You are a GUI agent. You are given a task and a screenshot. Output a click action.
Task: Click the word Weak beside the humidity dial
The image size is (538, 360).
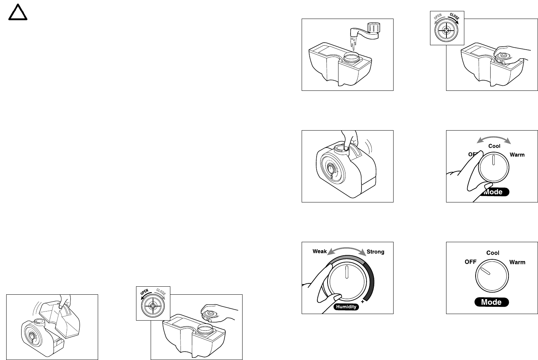click(x=320, y=251)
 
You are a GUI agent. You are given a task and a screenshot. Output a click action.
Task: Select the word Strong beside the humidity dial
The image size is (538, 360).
click(x=375, y=252)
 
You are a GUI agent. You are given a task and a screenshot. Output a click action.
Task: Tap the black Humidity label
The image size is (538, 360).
click(x=346, y=307)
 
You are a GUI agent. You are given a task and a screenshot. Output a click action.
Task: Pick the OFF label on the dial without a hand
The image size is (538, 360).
click(x=470, y=262)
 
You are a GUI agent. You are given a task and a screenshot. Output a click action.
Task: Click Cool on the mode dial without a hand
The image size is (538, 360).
click(x=492, y=253)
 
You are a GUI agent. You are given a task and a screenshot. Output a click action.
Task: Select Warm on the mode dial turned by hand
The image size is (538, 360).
click(x=517, y=155)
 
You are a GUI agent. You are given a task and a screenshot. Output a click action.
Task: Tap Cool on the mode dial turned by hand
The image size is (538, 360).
click(x=494, y=146)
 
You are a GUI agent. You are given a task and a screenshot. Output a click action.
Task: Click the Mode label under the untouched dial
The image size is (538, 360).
click(x=491, y=302)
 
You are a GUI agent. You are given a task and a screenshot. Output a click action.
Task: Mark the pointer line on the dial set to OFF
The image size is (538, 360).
click(x=485, y=271)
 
